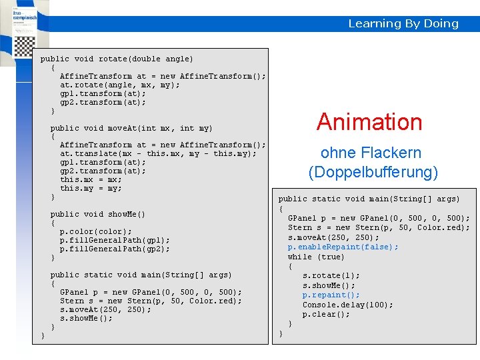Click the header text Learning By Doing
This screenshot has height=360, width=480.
pos(403,23)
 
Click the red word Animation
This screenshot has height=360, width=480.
pos(369,122)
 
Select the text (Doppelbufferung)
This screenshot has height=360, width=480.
pos(373,173)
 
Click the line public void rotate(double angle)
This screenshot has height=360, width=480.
pos(117,59)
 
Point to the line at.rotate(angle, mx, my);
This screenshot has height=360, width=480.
pos(120,85)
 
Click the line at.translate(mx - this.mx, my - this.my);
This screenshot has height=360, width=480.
pos(158,153)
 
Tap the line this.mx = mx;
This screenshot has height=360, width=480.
pos(91,179)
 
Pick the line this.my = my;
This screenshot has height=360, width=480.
pos(91,188)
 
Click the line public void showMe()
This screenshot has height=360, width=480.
pos(97,214)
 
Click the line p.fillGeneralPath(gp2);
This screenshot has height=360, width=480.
pos(115,249)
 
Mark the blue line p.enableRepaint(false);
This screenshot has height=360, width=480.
pos(343,247)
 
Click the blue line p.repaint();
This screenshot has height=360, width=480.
pos(331,295)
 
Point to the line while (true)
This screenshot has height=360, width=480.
pos(316,257)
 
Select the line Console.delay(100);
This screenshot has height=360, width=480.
pos(347,305)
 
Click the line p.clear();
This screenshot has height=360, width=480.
pos(326,315)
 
